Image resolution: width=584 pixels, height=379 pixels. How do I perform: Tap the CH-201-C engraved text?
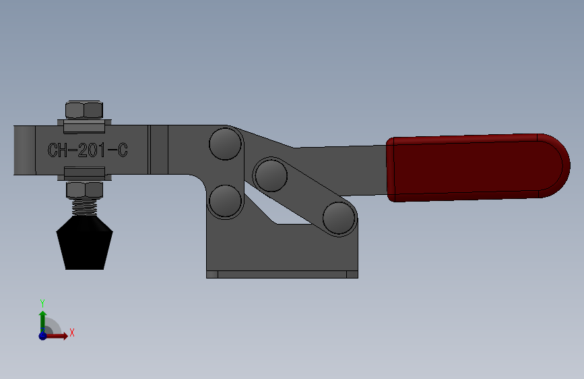88,150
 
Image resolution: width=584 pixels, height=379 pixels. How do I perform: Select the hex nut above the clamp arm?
85,110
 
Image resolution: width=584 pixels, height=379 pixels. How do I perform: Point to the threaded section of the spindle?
86,206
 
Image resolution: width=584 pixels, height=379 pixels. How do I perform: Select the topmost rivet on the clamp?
225,143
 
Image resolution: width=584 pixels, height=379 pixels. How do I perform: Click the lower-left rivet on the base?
225,200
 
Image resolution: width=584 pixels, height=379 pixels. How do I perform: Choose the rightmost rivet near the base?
338,217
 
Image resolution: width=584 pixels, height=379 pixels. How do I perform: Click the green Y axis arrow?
42,319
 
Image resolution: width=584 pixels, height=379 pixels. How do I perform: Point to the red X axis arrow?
58,335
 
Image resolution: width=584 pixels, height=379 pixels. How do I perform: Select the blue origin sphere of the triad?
42,335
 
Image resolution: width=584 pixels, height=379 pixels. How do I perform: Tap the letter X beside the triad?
71,332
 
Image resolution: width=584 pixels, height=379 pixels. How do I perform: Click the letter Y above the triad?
42,303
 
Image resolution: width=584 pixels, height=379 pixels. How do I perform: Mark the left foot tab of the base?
212,274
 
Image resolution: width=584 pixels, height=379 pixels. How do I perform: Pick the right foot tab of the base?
352,274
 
